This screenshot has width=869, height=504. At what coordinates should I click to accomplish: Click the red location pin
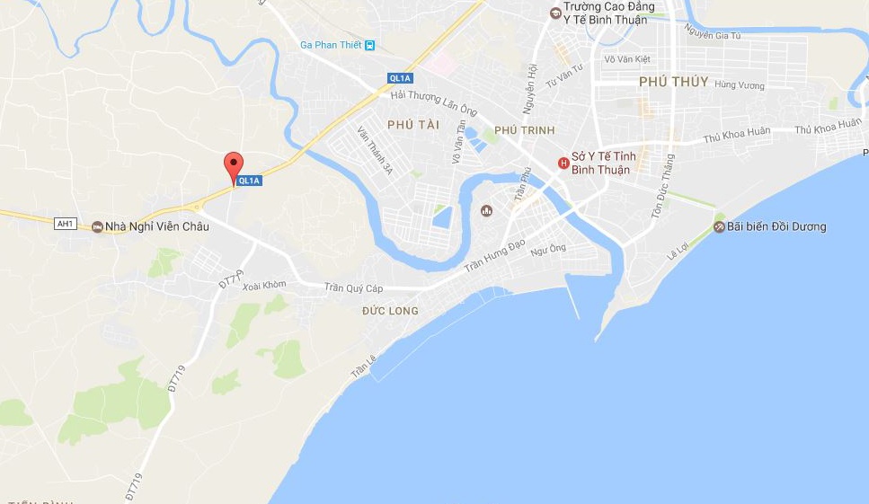[x=234, y=165]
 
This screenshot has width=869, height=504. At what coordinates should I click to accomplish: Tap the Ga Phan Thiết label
[x=331, y=46]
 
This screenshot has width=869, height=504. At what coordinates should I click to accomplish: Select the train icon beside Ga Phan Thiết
[x=369, y=46]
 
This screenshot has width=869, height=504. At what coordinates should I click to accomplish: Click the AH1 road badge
[x=65, y=224]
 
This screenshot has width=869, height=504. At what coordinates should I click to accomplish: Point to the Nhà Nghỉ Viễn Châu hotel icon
[x=97, y=226]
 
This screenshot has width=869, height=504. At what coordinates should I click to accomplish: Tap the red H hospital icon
[x=563, y=163]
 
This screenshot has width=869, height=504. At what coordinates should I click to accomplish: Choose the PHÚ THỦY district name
[x=673, y=82]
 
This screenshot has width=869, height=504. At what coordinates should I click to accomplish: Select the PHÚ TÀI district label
[x=413, y=125]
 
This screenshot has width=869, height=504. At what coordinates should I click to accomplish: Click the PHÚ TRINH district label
[x=524, y=131]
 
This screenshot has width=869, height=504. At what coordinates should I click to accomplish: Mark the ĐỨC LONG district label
[x=390, y=311]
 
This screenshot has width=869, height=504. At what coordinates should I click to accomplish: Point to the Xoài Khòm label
[x=263, y=285]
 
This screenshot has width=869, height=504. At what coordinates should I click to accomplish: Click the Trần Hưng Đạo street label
[x=494, y=257]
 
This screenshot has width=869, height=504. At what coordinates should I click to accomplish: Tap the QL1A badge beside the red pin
[x=249, y=181]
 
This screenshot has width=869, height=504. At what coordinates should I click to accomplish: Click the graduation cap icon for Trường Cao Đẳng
[x=555, y=13]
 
